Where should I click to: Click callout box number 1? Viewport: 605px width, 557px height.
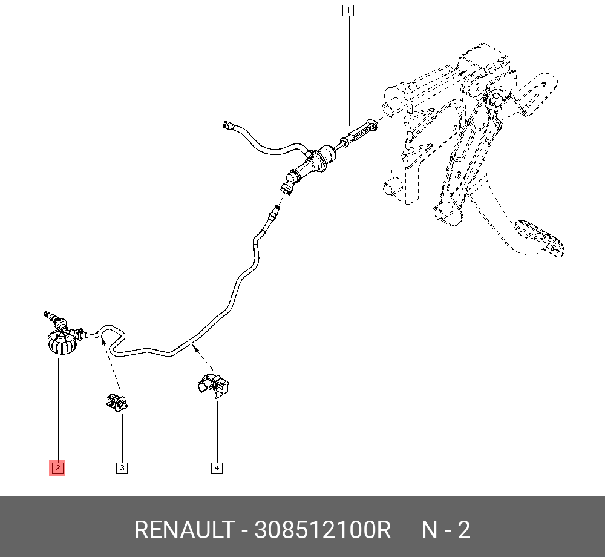[x=348, y=10]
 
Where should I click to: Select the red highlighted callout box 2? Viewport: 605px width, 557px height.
[x=57, y=467]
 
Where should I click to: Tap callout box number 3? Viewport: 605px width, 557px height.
[x=122, y=467]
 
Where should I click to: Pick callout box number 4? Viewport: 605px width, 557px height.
[x=217, y=467]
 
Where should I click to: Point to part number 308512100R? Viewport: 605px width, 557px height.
[x=323, y=530]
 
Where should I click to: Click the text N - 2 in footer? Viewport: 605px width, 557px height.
[x=446, y=530]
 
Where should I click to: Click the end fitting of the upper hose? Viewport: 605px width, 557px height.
[x=228, y=125]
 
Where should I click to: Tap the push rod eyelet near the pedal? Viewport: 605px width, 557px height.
[x=373, y=126]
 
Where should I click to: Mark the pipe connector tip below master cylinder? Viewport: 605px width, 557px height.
[x=276, y=211]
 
